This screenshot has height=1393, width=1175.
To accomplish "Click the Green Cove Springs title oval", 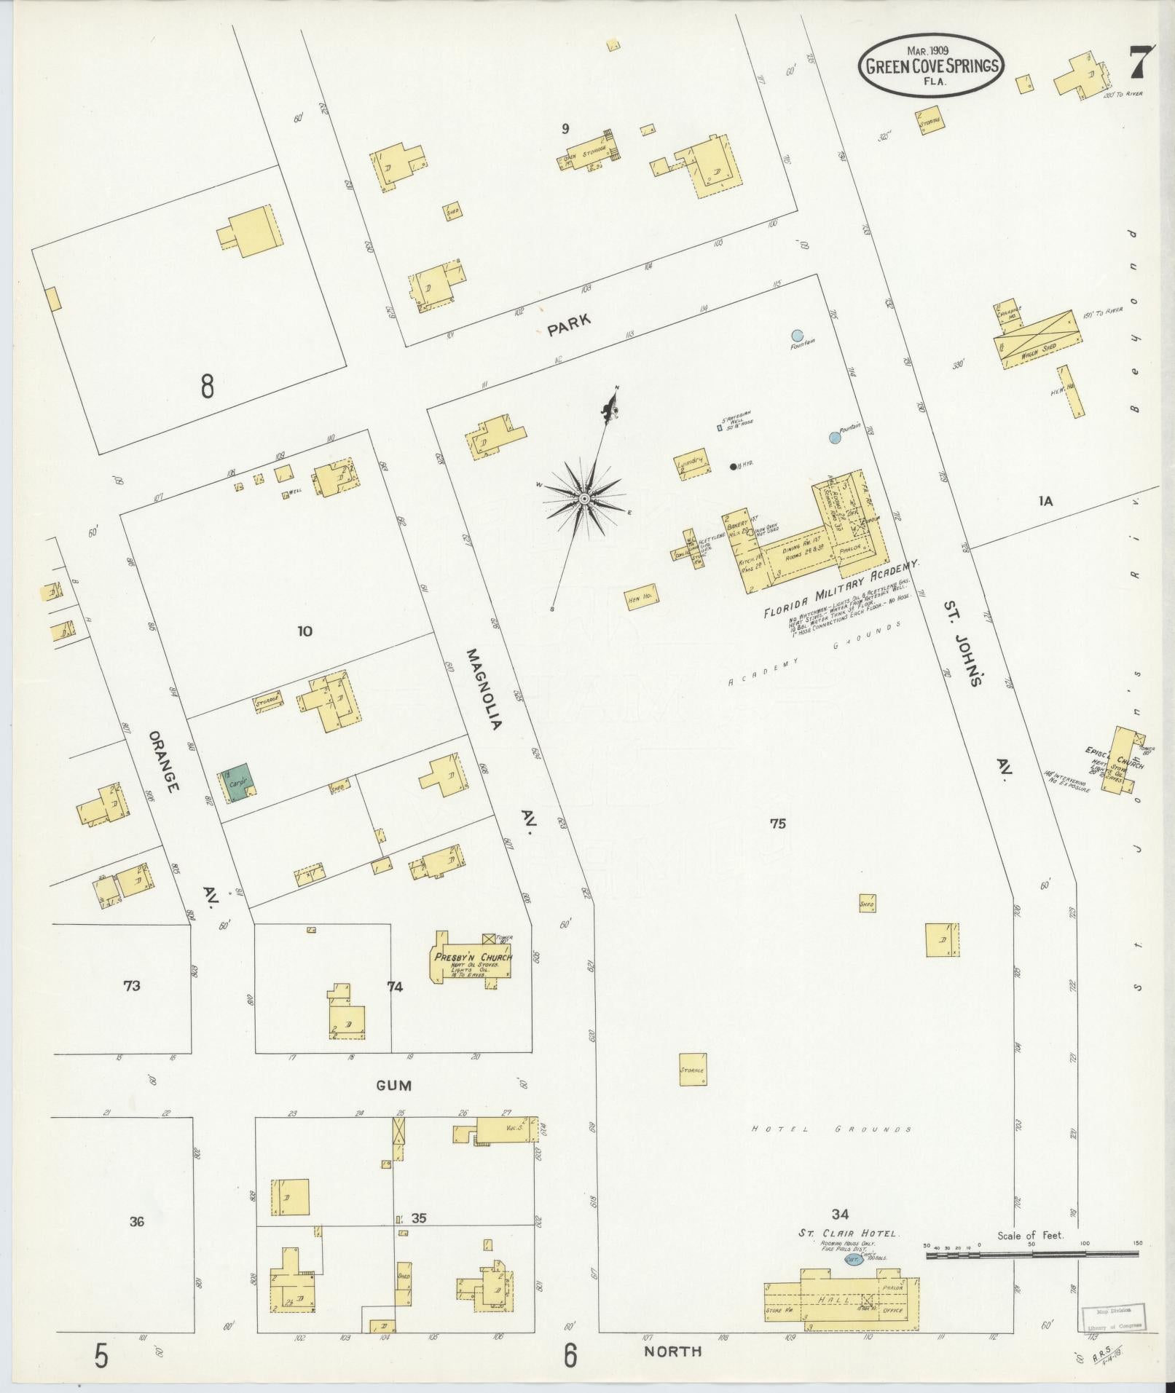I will coord(931,66).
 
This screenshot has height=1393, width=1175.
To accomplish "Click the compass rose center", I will coord(583,498).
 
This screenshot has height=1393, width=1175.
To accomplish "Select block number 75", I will coord(778,824).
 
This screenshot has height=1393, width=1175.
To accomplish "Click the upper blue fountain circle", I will coord(798,336).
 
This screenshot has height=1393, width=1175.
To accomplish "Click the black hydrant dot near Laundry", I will coord(733,467).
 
